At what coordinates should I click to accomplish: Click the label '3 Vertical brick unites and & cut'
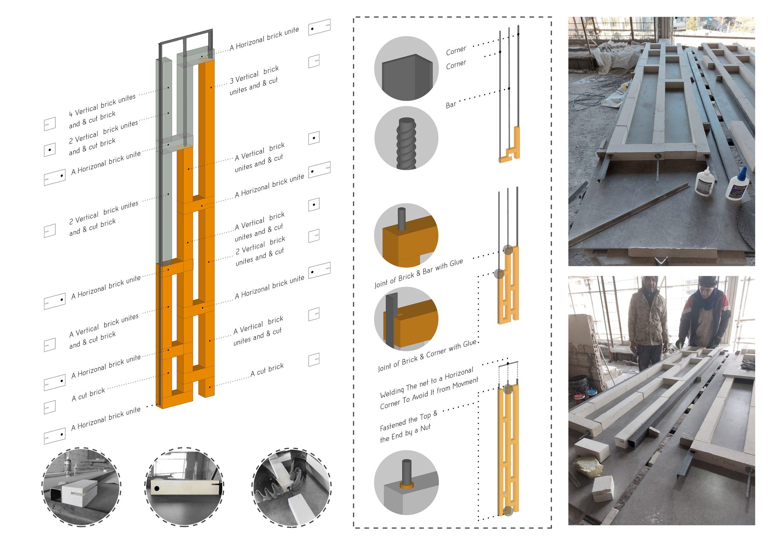(254, 80)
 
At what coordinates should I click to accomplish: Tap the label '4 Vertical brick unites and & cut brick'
(102, 111)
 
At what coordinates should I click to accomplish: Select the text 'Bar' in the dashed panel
(451, 105)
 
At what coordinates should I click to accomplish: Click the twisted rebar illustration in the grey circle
(406, 143)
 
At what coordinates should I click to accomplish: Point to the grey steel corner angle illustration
(407, 77)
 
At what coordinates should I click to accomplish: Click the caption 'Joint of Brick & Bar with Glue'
(419, 273)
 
